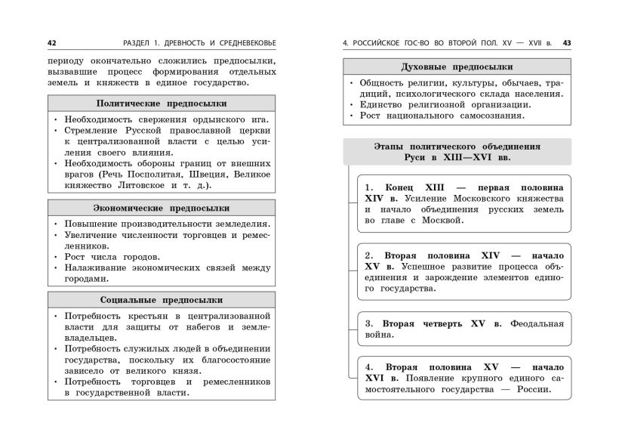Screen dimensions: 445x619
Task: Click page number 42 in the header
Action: tap(51, 42)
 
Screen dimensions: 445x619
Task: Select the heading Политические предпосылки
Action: tap(162, 104)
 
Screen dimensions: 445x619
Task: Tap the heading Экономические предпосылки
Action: tap(162, 208)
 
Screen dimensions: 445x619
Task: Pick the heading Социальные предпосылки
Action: tap(162, 300)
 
